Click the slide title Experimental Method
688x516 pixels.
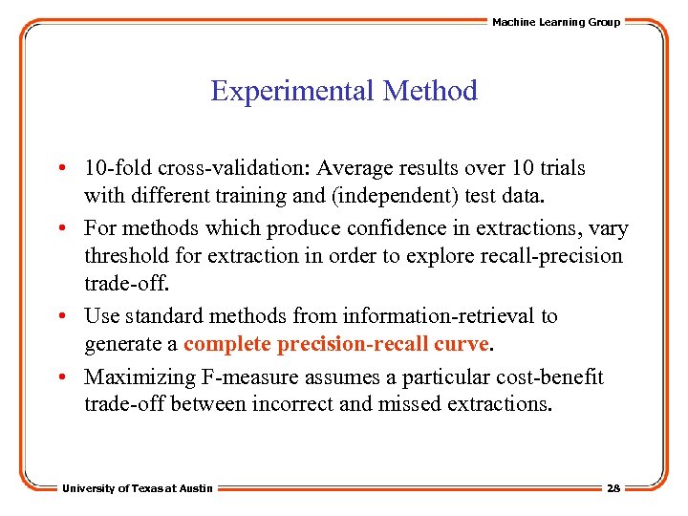coord(343,92)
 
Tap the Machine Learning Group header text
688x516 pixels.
coord(555,22)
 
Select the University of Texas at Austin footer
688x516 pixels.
coord(138,488)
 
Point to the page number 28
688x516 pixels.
coord(613,488)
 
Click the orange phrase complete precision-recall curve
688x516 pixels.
coord(336,343)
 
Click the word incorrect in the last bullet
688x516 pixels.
coord(291,403)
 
